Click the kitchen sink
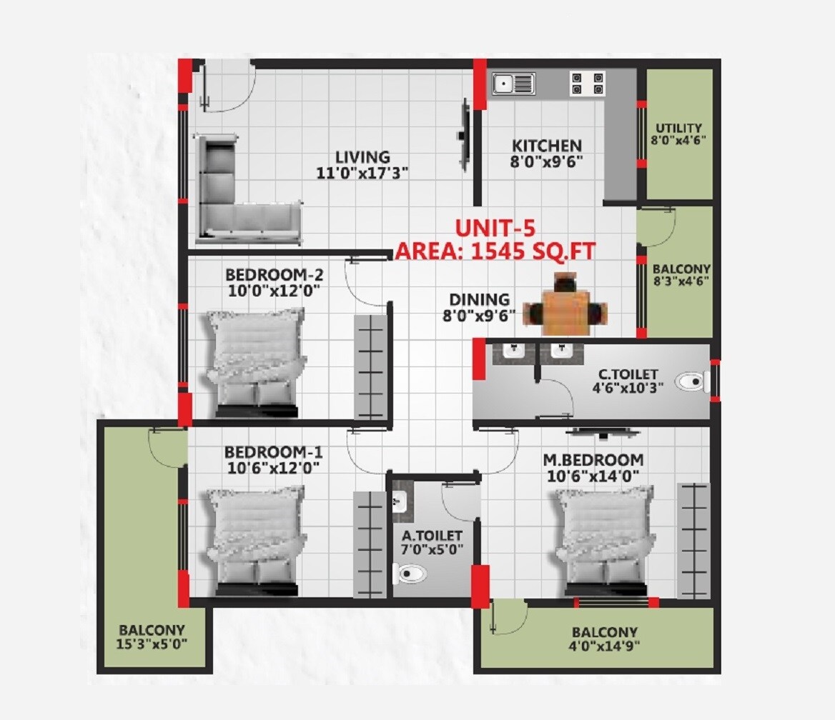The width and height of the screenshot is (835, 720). point(513,84)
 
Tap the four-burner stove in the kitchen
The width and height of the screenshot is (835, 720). point(587,84)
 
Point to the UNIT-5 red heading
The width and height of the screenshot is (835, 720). point(495,229)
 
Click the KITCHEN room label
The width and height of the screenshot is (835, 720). point(545,146)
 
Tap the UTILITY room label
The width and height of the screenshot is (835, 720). point(678,128)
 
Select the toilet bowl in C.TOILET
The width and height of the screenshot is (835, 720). point(690,382)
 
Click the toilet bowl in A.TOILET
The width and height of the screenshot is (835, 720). point(410,573)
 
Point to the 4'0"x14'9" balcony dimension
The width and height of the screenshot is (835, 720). point(604,647)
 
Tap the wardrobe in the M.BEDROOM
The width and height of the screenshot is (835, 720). point(693,540)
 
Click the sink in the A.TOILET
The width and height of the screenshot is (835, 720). point(400,501)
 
